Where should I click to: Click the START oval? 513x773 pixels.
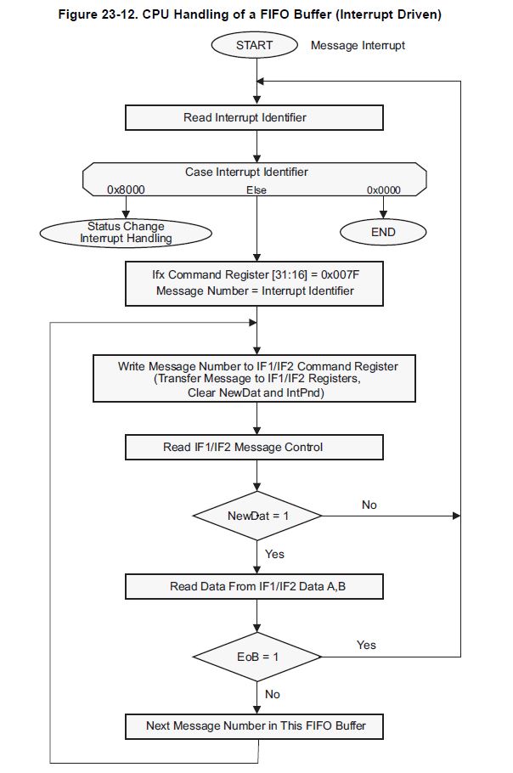pyautogui.click(x=254, y=45)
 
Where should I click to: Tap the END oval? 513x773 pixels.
pyautogui.click(x=383, y=232)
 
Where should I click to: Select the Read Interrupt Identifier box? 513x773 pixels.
pyautogui.click(x=254, y=118)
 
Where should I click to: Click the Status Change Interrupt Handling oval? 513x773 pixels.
pyautogui.click(x=126, y=233)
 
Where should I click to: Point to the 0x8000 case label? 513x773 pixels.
pyautogui.click(x=126, y=189)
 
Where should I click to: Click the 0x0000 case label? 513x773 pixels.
pyautogui.click(x=383, y=189)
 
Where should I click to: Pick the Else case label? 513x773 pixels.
pyautogui.click(x=256, y=189)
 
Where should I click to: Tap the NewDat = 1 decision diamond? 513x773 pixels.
pyautogui.click(x=256, y=516)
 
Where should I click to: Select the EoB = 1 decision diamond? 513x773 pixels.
pyautogui.click(x=256, y=657)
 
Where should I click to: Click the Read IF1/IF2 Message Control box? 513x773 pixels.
pyautogui.click(x=254, y=447)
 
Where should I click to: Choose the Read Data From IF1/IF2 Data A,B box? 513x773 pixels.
pyautogui.click(x=254, y=586)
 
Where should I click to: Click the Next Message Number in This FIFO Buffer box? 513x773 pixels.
pyautogui.click(x=254, y=725)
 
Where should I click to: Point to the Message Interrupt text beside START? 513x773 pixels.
pyautogui.click(x=358, y=45)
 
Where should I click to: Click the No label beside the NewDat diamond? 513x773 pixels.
pyautogui.click(x=369, y=505)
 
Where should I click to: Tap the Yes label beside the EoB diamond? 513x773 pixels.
pyautogui.click(x=366, y=645)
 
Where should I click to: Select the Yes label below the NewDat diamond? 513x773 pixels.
pyautogui.click(x=274, y=554)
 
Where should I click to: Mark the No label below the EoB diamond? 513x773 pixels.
pyautogui.click(x=273, y=694)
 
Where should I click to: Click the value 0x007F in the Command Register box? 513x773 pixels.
pyautogui.click(x=340, y=274)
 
